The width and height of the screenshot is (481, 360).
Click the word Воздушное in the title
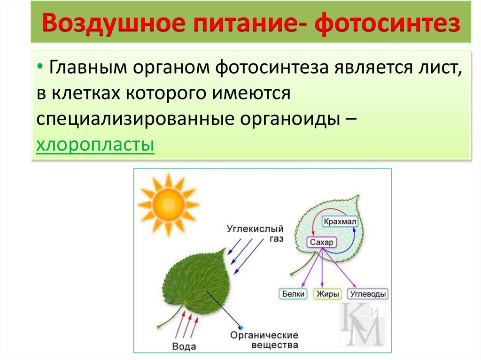tap(113, 23)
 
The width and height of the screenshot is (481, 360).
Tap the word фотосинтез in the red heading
tap(388, 23)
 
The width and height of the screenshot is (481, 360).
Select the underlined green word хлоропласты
tap(95, 144)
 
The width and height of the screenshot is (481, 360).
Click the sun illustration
tap(168, 204)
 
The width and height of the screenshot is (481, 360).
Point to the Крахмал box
tap(340, 222)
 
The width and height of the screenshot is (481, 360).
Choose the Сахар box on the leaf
tap(321, 242)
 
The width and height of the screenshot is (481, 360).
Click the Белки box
tap(293, 294)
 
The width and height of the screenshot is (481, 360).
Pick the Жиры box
tap(327, 294)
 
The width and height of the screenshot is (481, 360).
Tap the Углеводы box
tap(367, 294)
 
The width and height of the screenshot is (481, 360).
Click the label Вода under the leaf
tap(184, 346)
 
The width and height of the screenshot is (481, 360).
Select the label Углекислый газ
tap(255, 233)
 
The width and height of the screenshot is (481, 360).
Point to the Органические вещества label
tap(264, 340)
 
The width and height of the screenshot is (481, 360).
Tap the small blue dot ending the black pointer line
tap(240, 327)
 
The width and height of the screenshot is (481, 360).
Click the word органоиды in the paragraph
tap(290, 119)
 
